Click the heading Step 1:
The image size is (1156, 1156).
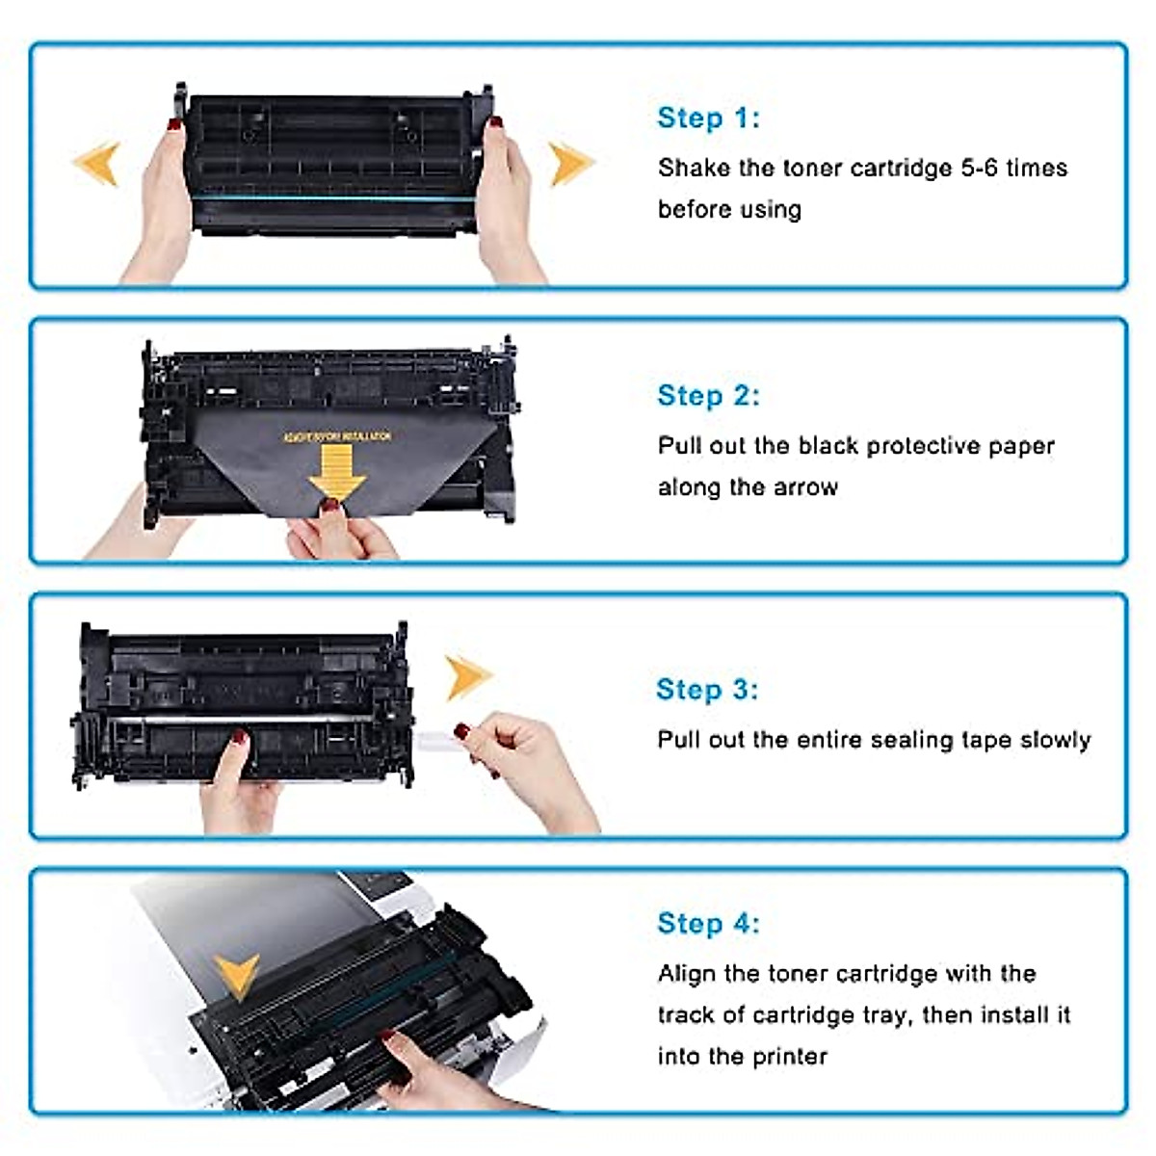tap(708, 118)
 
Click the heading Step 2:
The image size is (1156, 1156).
tap(708, 395)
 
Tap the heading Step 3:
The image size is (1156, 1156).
tap(707, 689)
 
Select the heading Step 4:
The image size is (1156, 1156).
tap(708, 923)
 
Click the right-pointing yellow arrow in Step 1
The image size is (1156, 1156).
tap(570, 163)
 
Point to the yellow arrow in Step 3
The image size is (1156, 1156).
tap(468, 676)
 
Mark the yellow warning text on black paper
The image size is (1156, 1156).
tap(336, 437)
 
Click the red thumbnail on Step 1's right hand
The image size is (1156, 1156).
tap(496, 123)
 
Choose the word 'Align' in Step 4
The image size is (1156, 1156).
tap(687, 974)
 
